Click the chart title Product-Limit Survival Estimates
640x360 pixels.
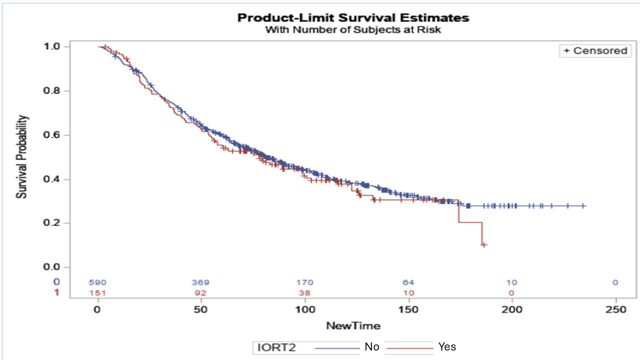pos(353,18)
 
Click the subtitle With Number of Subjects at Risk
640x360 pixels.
pos(353,29)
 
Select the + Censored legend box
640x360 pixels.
pos(595,50)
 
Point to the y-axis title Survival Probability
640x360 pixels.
pos(22,156)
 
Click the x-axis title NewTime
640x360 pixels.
pos(353,326)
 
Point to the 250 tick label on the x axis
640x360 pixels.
pos(615,310)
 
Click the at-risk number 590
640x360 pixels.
pos(98,282)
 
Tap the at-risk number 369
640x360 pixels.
pos(201,282)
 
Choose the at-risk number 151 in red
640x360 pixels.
pos(98,293)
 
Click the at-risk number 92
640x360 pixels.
pos(201,293)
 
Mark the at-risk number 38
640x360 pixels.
pos(305,293)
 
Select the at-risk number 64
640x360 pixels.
pos(408,282)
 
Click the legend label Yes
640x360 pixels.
pos(447,346)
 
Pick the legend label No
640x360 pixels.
pos(372,346)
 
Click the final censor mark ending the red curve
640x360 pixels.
pos(484,244)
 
